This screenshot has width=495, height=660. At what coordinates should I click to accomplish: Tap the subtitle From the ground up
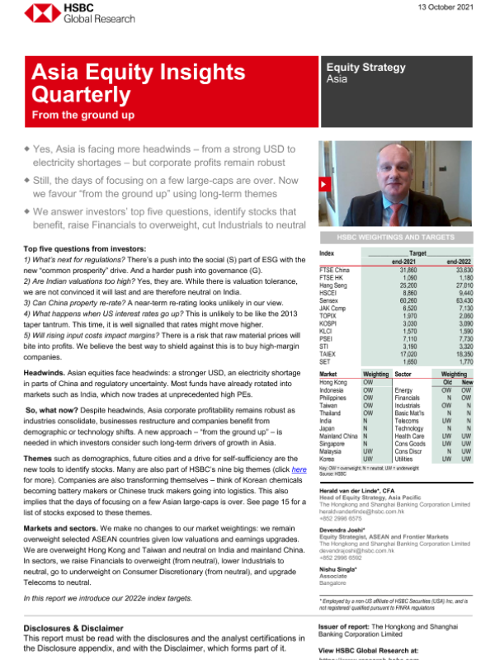point(82,115)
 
